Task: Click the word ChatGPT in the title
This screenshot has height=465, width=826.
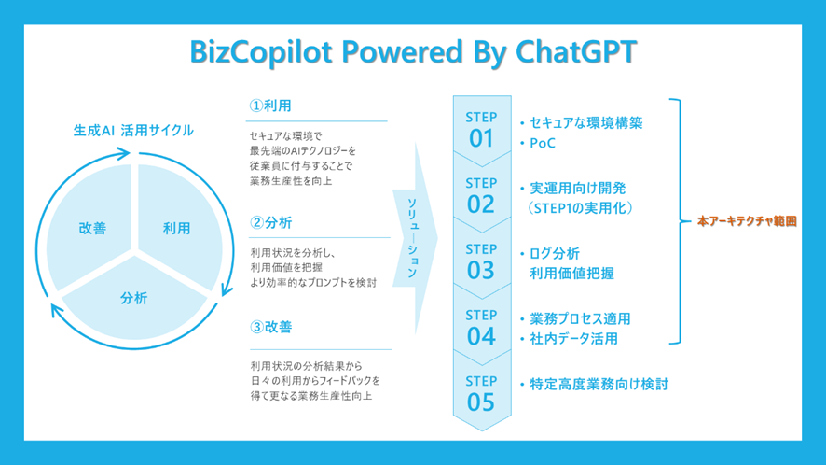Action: click(x=576, y=51)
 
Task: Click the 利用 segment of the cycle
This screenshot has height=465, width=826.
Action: click(x=177, y=228)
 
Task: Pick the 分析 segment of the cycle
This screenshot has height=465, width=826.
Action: click(x=134, y=299)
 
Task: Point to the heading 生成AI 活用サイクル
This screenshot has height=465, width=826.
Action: click(x=133, y=131)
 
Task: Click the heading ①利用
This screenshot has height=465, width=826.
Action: click(x=270, y=106)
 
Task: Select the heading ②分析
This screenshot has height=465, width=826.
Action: click(x=270, y=223)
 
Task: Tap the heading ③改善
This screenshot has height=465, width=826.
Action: click(x=270, y=327)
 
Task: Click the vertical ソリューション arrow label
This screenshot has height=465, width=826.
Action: click(x=412, y=238)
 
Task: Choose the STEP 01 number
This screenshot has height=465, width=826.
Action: click(x=481, y=139)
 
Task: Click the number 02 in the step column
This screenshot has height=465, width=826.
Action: click(x=481, y=204)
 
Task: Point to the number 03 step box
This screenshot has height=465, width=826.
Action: click(x=481, y=271)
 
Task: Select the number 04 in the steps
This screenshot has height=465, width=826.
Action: click(x=481, y=337)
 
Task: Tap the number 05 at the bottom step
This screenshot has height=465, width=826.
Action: click(x=481, y=402)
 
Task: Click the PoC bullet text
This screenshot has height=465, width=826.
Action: click(x=543, y=143)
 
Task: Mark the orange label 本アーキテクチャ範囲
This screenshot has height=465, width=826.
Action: click(x=747, y=221)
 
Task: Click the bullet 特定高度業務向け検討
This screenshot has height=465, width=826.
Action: click(x=599, y=385)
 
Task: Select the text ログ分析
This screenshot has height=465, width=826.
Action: click(x=555, y=253)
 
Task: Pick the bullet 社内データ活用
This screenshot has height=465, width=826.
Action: click(x=573, y=339)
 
